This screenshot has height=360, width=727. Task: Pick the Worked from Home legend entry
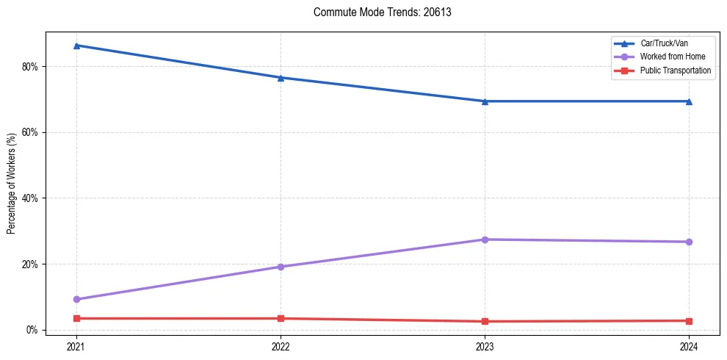click(669, 57)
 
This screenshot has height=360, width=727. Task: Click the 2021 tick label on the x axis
click(76, 346)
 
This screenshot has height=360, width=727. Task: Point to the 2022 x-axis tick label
click(281, 346)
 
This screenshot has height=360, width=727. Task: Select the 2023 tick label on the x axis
click(485, 346)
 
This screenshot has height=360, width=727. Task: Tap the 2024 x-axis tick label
click(689, 346)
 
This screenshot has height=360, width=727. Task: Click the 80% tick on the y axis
click(30, 67)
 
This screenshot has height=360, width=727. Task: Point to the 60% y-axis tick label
click(30, 133)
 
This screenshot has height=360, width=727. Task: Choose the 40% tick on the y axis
click(30, 198)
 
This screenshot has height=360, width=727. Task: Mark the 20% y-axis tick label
click(30, 264)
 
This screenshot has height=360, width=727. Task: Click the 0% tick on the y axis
click(32, 330)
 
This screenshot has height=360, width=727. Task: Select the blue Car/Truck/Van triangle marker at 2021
click(76, 46)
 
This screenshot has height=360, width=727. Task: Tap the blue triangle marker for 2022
click(281, 77)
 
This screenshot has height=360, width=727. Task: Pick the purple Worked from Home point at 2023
click(485, 240)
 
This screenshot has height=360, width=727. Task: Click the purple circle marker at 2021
click(76, 300)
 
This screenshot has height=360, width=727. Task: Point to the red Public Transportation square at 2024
click(689, 321)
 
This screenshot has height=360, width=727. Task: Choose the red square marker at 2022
click(281, 318)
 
